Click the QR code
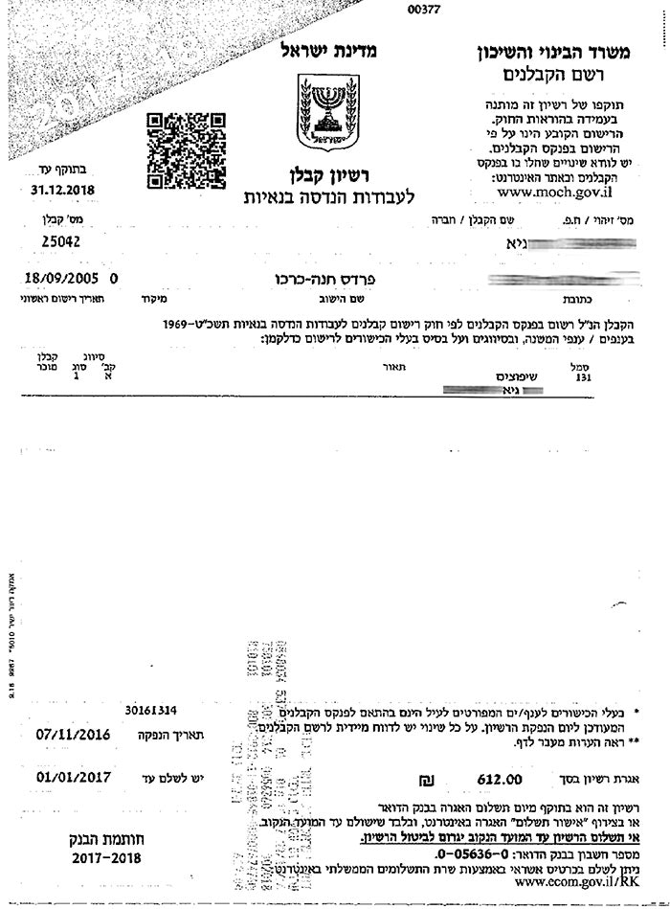pos(184,150)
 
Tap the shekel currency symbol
pos(414,780)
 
